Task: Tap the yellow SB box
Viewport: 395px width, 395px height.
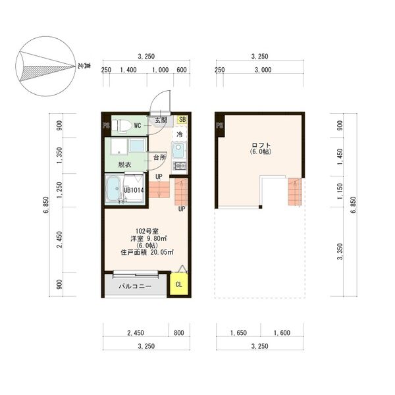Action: point(182,119)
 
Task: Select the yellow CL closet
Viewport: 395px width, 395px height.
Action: point(179,284)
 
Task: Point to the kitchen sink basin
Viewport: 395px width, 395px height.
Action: point(178,150)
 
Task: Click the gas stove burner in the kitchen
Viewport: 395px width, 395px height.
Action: point(180,166)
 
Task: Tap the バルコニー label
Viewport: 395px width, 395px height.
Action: point(135,286)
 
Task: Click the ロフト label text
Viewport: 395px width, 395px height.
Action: point(261,145)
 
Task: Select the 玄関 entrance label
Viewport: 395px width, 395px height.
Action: point(161,120)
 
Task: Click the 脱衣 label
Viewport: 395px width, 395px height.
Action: point(124,165)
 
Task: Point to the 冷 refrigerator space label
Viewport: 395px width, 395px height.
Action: point(180,134)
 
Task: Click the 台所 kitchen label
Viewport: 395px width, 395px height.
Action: point(160,158)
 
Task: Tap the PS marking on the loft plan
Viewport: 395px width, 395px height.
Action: point(220,125)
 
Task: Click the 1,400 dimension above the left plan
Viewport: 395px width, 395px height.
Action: point(128,70)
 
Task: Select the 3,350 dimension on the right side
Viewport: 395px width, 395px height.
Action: point(340,251)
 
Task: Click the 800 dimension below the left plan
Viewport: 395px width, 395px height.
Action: point(179,332)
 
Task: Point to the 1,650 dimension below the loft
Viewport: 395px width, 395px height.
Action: point(238,332)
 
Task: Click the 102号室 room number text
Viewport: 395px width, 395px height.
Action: point(147,231)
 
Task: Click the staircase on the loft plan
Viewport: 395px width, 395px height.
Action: point(295,192)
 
